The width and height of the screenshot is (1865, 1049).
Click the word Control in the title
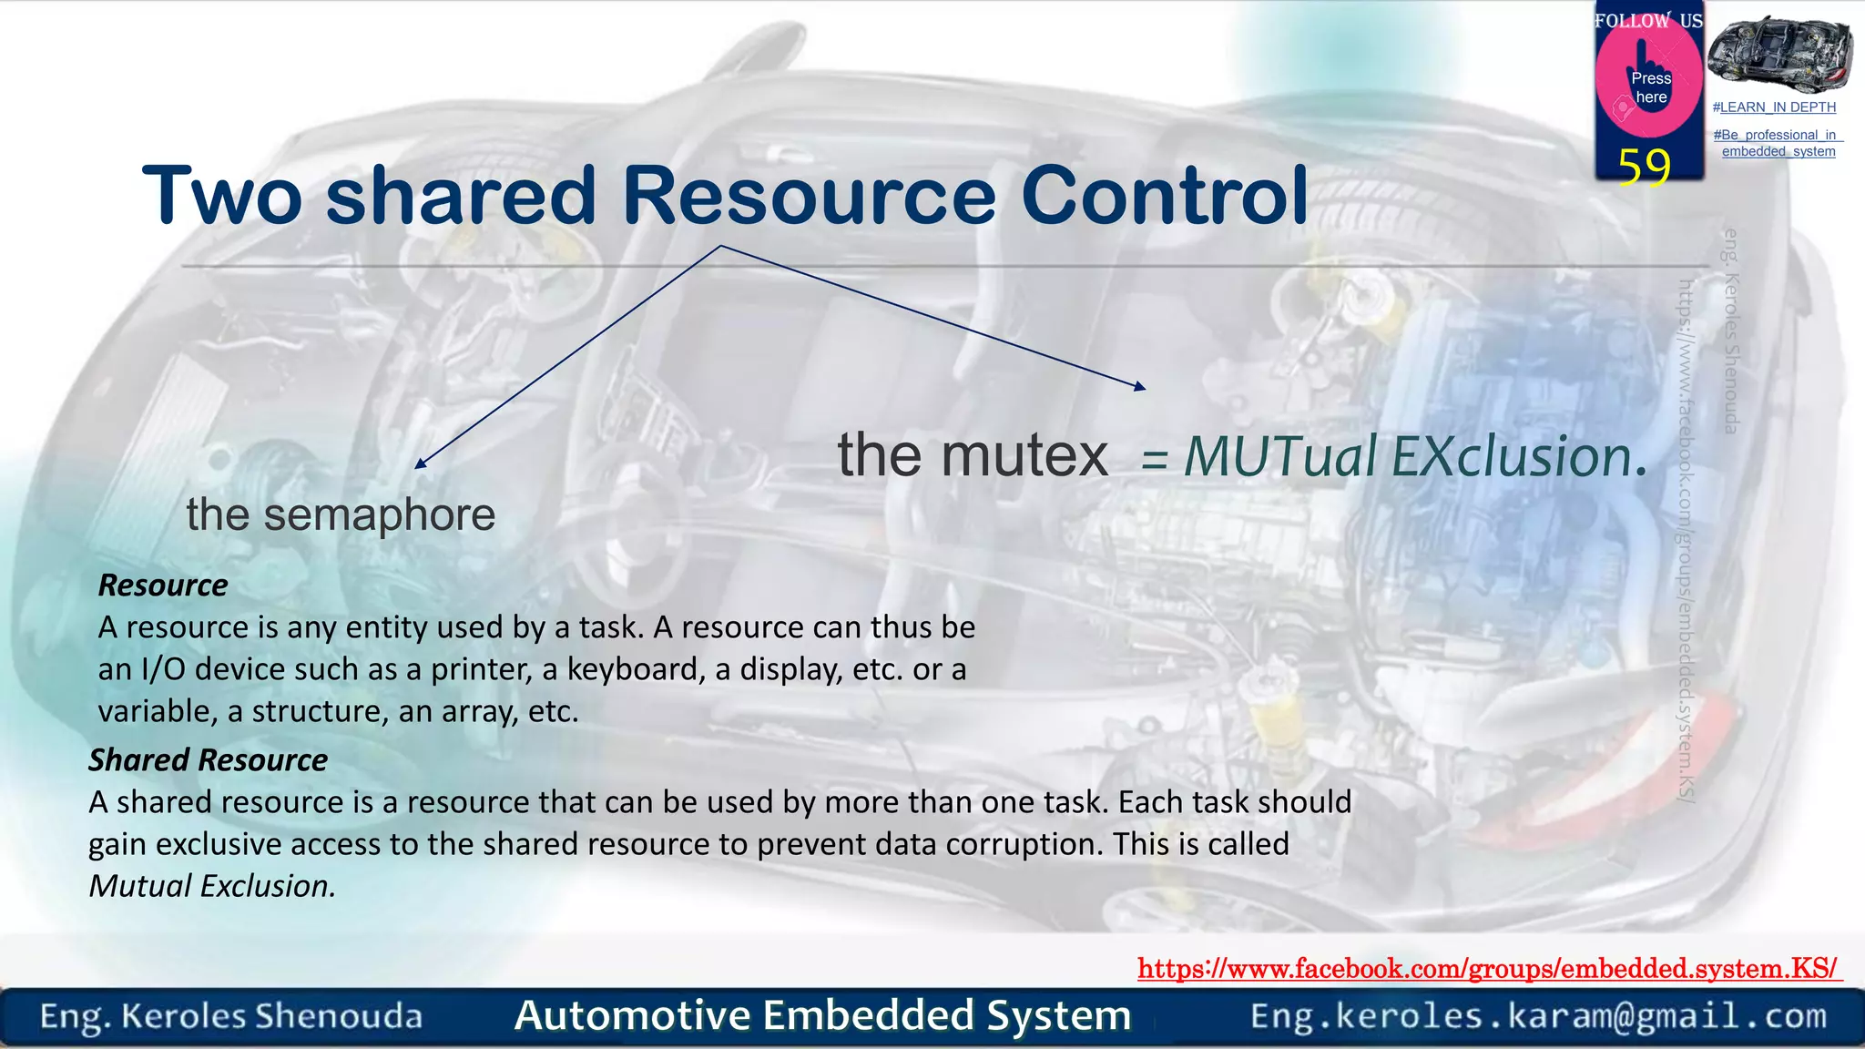pos(1164,196)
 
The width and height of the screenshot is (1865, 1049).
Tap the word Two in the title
pos(222,196)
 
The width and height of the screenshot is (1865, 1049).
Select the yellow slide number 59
pos(1644,167)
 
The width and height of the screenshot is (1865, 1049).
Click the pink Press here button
pos(1649,87)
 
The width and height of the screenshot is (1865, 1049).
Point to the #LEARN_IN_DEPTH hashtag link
pos(1773,107)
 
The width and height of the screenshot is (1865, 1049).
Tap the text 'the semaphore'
pos(341,515)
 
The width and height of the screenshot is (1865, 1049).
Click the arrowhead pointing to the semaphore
pos(420,464)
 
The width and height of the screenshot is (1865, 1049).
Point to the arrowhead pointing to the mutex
pos(1140,387)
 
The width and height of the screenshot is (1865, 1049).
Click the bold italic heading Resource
pos(163,586)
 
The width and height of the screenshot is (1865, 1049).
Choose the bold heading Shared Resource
pos(208,760)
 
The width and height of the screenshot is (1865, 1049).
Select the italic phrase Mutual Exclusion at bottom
pos(212,886)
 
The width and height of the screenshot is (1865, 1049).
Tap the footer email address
pos(1538,1016)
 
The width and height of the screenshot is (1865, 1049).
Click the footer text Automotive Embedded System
pos(822,1016)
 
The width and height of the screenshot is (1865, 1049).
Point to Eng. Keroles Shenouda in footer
pos(231,1016)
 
